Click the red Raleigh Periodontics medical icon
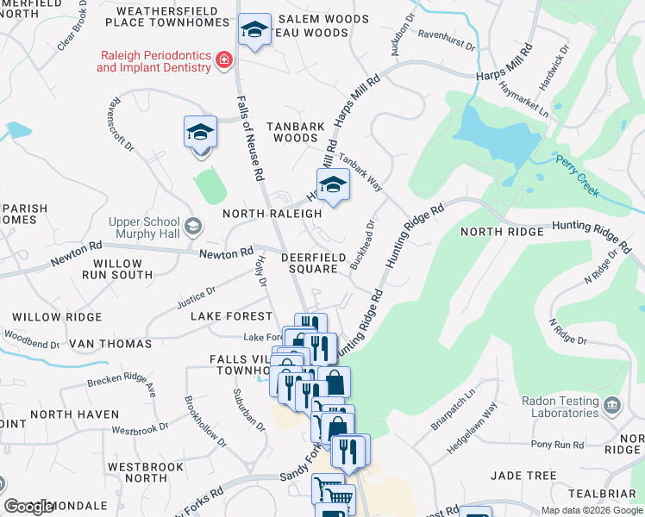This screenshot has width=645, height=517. click(x=224, y=59)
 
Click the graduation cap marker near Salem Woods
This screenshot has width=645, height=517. click(x=254, y=31)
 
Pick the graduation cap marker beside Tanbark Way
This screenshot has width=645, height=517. click(x=333, y=185)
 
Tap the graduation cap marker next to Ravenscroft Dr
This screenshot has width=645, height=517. click(x=200, y=134)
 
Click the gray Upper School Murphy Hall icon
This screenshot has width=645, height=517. click(x=193, y=227)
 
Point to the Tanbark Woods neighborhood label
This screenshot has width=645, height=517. click(x=296, y=132)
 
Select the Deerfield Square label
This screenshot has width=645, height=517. click(x=313, y=263)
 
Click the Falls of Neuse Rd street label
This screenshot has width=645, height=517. click(x=249, y=138)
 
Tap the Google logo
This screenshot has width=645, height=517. click(x=28, y=507)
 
